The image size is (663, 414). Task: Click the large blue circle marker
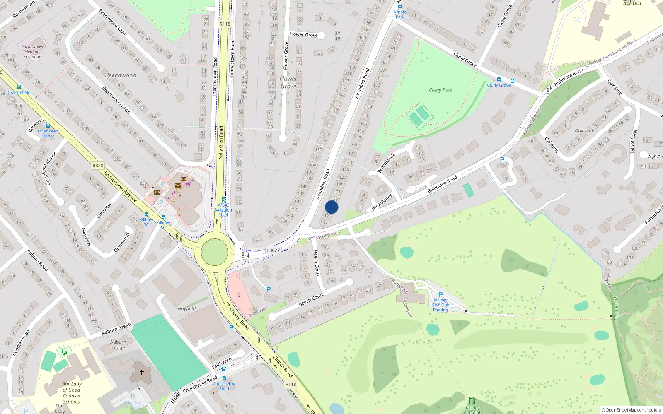331,207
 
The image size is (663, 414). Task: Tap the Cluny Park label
440,90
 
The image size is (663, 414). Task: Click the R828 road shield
98,166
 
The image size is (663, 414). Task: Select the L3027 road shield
273,250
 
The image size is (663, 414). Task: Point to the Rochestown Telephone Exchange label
32,52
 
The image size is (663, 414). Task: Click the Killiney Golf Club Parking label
440,305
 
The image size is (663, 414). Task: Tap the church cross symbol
142,372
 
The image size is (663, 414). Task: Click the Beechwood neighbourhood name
121,75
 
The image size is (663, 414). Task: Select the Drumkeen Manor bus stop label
48,133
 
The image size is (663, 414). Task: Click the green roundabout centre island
215,252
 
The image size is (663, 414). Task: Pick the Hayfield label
186,308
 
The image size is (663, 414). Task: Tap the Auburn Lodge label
118,345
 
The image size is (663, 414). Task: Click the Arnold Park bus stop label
400,14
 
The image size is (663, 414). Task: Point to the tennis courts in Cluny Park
419,116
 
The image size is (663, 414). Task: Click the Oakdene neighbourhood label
584,131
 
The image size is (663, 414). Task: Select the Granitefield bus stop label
19,92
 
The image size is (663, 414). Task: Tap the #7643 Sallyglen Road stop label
223,209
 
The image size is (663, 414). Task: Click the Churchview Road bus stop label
224,386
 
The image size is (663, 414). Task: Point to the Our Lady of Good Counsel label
71,392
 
